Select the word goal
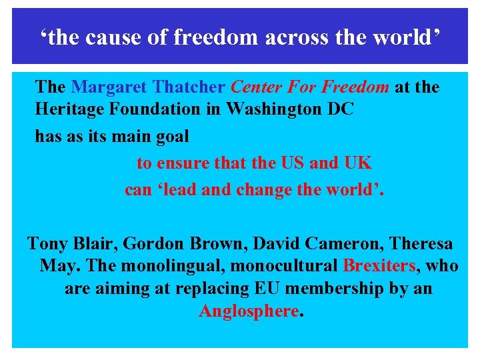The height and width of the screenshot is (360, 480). point(169,137)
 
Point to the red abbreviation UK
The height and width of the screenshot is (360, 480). point(358,163)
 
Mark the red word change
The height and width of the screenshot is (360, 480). point(254,189)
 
